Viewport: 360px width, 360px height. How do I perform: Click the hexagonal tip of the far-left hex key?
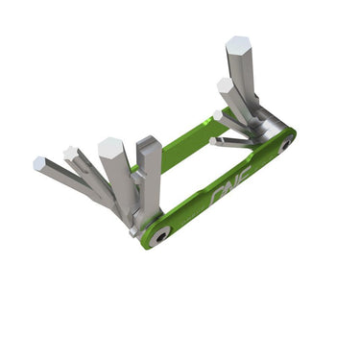pyautogui.click(x=39, y=164)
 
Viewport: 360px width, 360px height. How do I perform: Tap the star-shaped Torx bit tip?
pyautogui.click(x=70, y=153)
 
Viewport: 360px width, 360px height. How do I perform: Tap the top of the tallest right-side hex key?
pyautogui.click(x=239, y=46)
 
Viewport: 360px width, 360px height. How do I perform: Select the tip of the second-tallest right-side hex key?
pyautogui.click(x=225, y=85)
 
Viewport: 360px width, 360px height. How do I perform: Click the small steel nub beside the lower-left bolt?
pyautogui.click(x=132, y=230)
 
